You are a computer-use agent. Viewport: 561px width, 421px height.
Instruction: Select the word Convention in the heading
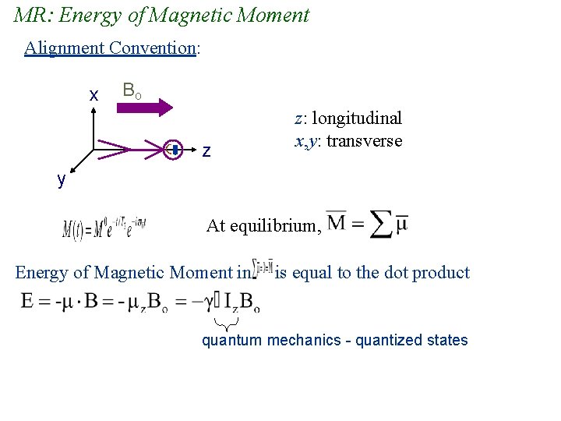152,48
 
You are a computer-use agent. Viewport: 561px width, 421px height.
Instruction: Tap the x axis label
93,95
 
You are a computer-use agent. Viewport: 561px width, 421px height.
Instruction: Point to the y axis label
61,179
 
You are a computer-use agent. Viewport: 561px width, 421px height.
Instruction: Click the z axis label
206,151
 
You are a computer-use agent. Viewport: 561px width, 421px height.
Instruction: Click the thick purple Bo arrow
148,108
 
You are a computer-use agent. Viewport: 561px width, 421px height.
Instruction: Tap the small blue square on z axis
175,149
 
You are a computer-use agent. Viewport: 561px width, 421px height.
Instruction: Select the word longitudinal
358,119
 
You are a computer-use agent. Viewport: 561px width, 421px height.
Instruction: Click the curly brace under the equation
226,323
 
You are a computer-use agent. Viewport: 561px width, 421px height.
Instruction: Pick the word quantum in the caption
232,340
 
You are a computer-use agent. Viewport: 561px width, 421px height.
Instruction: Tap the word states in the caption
448,340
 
